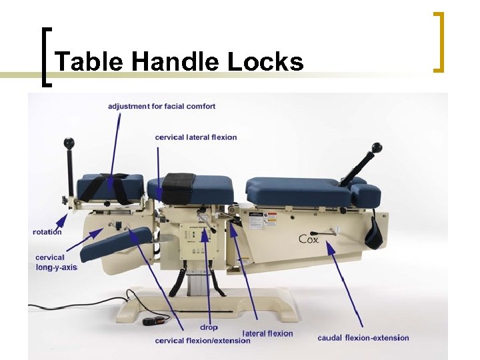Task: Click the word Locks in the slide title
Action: (265, 62)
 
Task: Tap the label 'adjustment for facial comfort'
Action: (162, 106)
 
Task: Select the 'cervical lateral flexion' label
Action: (196, 137)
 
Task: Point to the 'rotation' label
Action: (47, 232)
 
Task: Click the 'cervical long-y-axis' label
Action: (55, 262)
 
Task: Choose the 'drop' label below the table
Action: (209, 327)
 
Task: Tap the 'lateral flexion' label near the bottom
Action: (267, 333)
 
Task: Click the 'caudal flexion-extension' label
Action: (363, 338)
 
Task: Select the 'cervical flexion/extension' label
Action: (203, 341)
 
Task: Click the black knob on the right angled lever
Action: (377, 147)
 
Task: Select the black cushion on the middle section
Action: (178, 187)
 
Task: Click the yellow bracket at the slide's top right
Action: (439, 41)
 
